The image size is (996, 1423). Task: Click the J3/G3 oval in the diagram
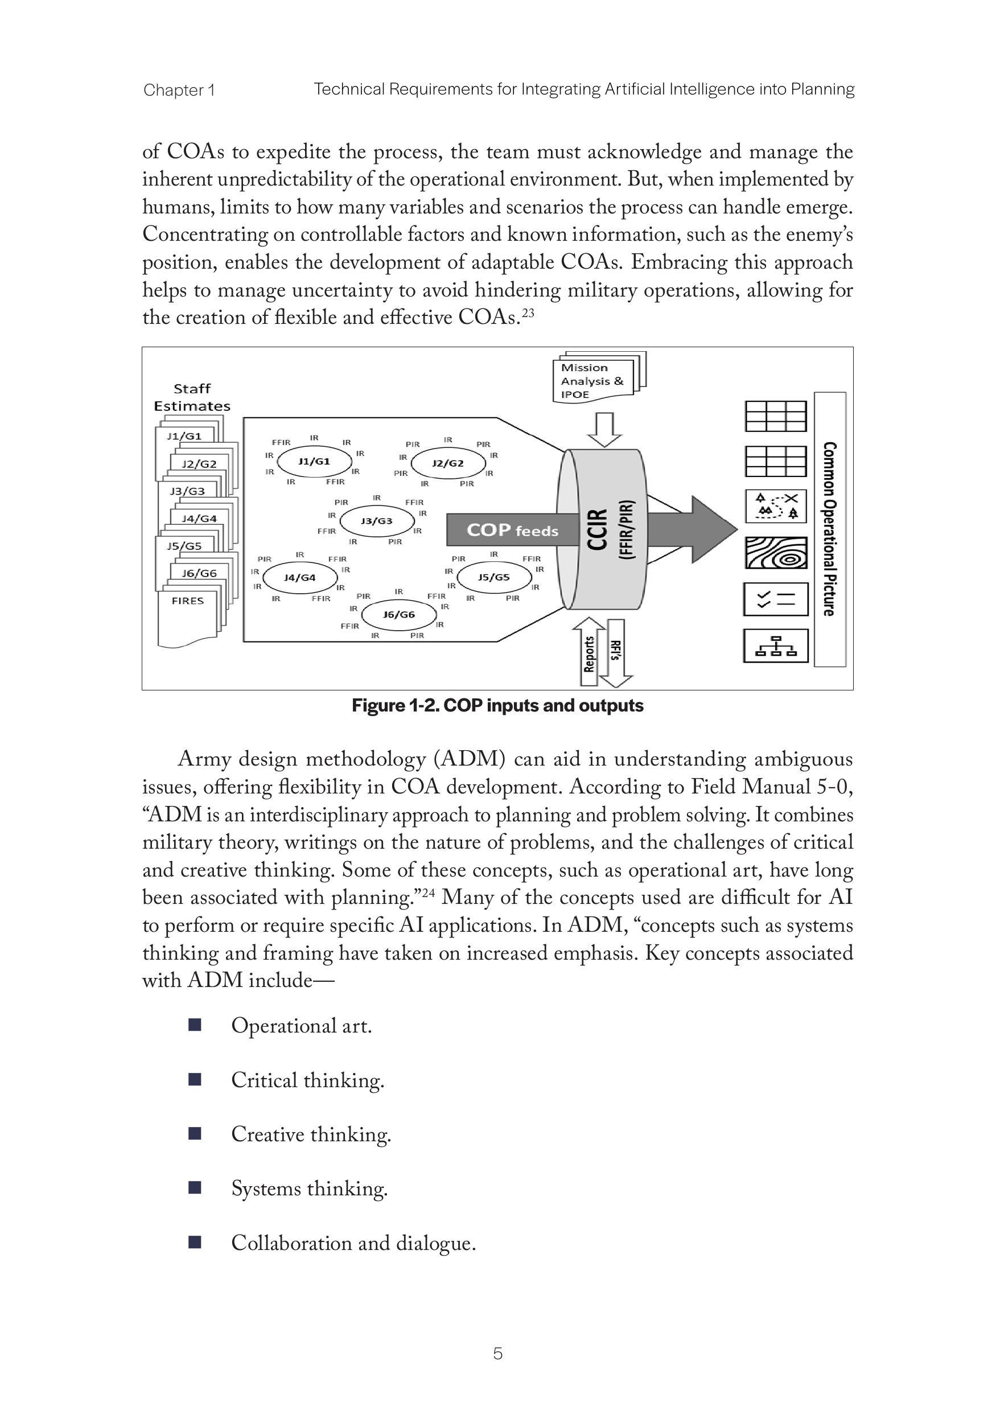(x=377, y=521)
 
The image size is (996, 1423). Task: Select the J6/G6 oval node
(x=398, y=614)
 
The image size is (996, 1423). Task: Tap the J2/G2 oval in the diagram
(x=447, y=463)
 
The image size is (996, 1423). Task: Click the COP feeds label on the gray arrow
(x=512, y=530)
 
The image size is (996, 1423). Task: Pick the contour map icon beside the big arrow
(x=775, y=553)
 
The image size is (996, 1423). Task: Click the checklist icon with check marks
(x=775, y=599)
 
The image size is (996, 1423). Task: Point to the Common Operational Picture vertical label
(x=829, y=529)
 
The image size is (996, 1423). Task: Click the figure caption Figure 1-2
(x=497, y=705)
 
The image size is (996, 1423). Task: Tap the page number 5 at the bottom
(x=497, y=1354)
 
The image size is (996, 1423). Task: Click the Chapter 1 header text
(x=179, y=91)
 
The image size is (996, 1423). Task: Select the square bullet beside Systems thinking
(x=195, y=1187)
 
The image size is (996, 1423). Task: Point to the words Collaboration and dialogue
(x=353, y=1243)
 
